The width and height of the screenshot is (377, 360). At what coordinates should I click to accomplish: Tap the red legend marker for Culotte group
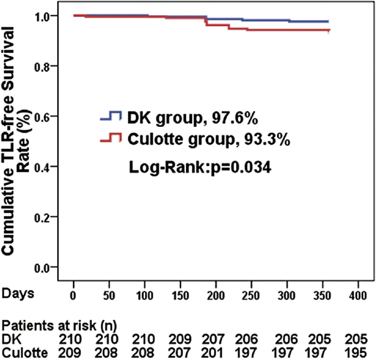pyautogui.click(x=111, y=136)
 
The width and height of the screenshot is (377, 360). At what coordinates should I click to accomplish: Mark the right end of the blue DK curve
pyautogui.click(x=329, y=21)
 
